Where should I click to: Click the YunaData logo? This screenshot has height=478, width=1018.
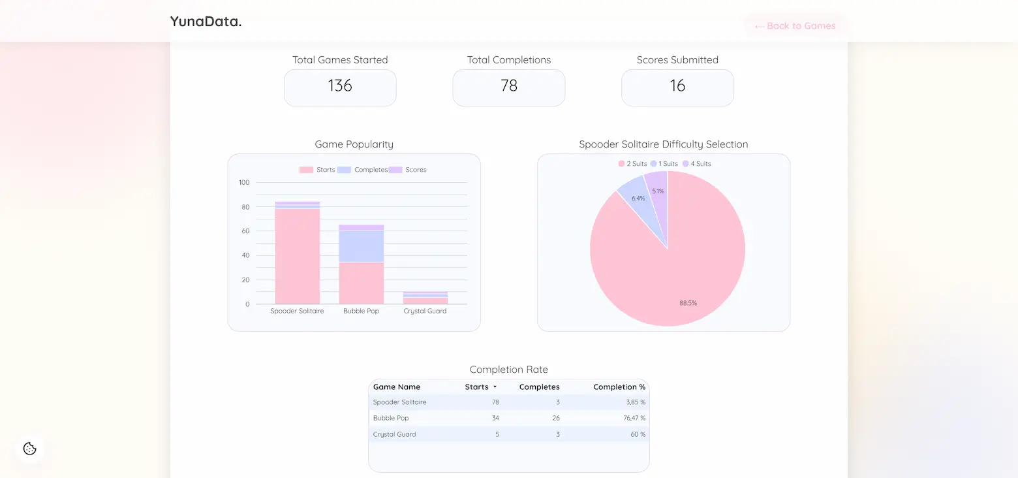(x=206, y=21)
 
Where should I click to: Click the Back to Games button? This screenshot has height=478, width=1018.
(x=795, y=26)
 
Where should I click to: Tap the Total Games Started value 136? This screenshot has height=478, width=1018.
(x=340, y=86)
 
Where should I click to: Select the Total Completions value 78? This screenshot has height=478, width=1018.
(x=508, y=86)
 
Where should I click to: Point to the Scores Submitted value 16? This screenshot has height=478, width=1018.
(x=677, y=86)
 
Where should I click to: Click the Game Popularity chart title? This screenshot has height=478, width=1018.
(x=354, y=144)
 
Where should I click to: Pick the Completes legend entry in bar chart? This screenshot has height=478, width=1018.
(x=363, y=170)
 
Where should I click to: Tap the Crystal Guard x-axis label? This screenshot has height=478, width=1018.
(x=425, y=311)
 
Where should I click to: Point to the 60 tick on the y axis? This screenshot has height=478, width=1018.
(x=245, y=231)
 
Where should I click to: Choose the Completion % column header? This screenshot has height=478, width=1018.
(x=619, y=387)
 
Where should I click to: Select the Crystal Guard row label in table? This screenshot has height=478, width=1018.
(x=394, y=434)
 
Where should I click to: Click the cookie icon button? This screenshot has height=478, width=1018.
(x=29, y=449)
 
